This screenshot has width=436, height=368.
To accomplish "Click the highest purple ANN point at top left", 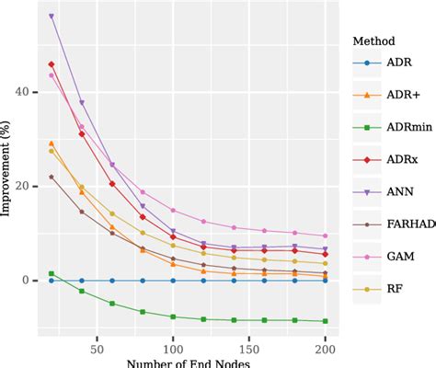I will [52, 17].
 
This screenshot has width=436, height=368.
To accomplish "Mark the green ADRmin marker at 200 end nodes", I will [325, 321].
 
